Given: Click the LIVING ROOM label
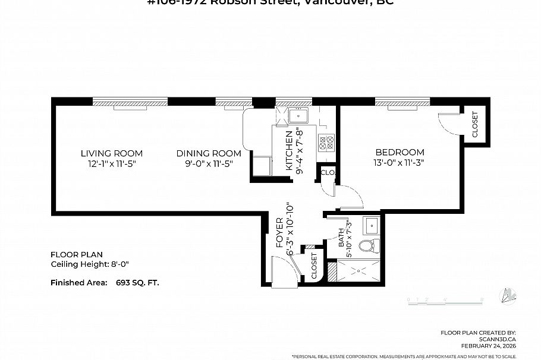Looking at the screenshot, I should [112, 153].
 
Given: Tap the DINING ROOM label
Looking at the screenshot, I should [209, 153].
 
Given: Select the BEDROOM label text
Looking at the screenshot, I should [399, 152].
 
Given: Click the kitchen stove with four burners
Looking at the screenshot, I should [326, 142].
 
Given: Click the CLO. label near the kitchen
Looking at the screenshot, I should [327, 173].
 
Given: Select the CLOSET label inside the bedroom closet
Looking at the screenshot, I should [475, 125].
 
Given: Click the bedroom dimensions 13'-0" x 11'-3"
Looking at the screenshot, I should [399, 162].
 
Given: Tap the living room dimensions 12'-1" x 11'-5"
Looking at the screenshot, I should [112, 163].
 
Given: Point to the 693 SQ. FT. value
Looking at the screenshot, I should [137, 283].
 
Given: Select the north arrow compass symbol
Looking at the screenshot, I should [508, 295].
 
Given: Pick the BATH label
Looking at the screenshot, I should [342, 238].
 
